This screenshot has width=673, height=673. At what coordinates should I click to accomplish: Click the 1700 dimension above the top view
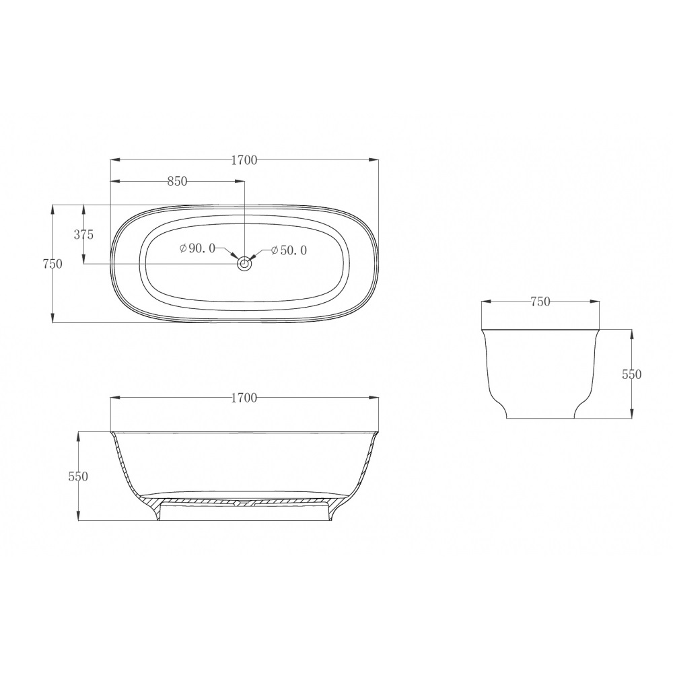(244, 160)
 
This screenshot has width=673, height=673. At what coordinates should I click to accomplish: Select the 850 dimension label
(177, 182)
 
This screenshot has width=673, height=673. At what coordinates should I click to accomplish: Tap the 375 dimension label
(83, 235)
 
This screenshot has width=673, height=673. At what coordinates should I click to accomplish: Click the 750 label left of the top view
(52, 264)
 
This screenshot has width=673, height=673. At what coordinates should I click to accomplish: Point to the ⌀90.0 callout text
(197, 248)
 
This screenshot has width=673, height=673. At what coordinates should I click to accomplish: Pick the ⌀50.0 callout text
(289, 250)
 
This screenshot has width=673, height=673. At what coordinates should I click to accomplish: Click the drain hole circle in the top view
(244, 264)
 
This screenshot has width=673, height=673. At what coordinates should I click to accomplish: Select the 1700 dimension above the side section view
(244, 398)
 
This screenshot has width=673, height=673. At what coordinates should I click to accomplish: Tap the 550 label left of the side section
(78, 476)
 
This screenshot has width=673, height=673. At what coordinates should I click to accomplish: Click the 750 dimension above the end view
(540, 302)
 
